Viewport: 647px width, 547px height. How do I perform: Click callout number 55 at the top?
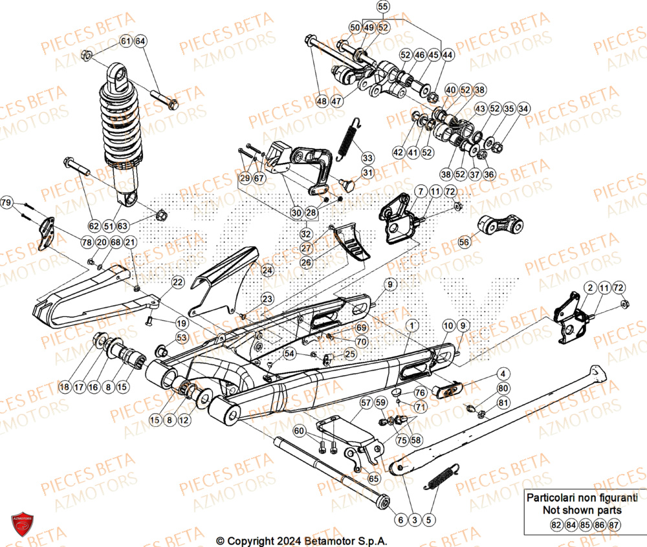tap(383, 7)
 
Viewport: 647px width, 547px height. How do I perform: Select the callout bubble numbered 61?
tap(126, 42)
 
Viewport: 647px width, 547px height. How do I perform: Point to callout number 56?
tap(464, 242)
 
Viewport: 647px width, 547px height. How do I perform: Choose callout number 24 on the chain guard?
tap(267, 270)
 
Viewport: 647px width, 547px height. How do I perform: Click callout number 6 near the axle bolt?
tap(400, 519)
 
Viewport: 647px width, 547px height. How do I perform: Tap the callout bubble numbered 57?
tap(366, 403)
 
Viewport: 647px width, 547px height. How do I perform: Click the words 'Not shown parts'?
tap(573, 509)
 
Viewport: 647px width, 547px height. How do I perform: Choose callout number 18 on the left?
tap(64, 387)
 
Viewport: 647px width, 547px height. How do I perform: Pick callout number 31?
tap(367, 173)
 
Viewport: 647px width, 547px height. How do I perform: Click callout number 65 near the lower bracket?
tap(373, 479)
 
